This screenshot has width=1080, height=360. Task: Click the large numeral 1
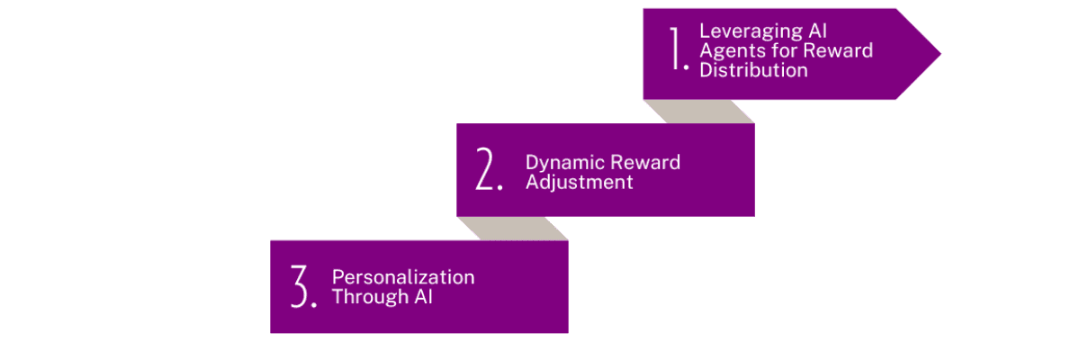(x=676, y=49)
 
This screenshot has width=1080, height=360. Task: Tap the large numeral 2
(x=484, y=168)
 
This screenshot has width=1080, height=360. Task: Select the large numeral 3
(x=300, y=286)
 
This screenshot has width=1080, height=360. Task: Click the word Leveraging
(x=751, y=31)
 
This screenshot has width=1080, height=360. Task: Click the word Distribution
(x=753, y=70)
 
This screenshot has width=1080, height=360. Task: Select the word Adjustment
(x=579, y=182)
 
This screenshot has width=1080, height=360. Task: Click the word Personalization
(x=403, y=277)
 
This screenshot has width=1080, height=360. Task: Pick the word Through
(x=370, y=297)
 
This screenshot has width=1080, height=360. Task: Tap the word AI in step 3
(x=423, y=296)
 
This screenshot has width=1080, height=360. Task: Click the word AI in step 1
(x=818, y=31)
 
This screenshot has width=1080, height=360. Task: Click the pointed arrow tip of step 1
(x=940, y=54)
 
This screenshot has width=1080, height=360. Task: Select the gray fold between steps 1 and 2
(x=698, y=112)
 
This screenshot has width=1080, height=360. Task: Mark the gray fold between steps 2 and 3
(x=512, y=229)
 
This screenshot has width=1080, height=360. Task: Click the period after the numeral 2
(x=500, y=187)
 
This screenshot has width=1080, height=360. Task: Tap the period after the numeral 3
(x=314, y=304)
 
